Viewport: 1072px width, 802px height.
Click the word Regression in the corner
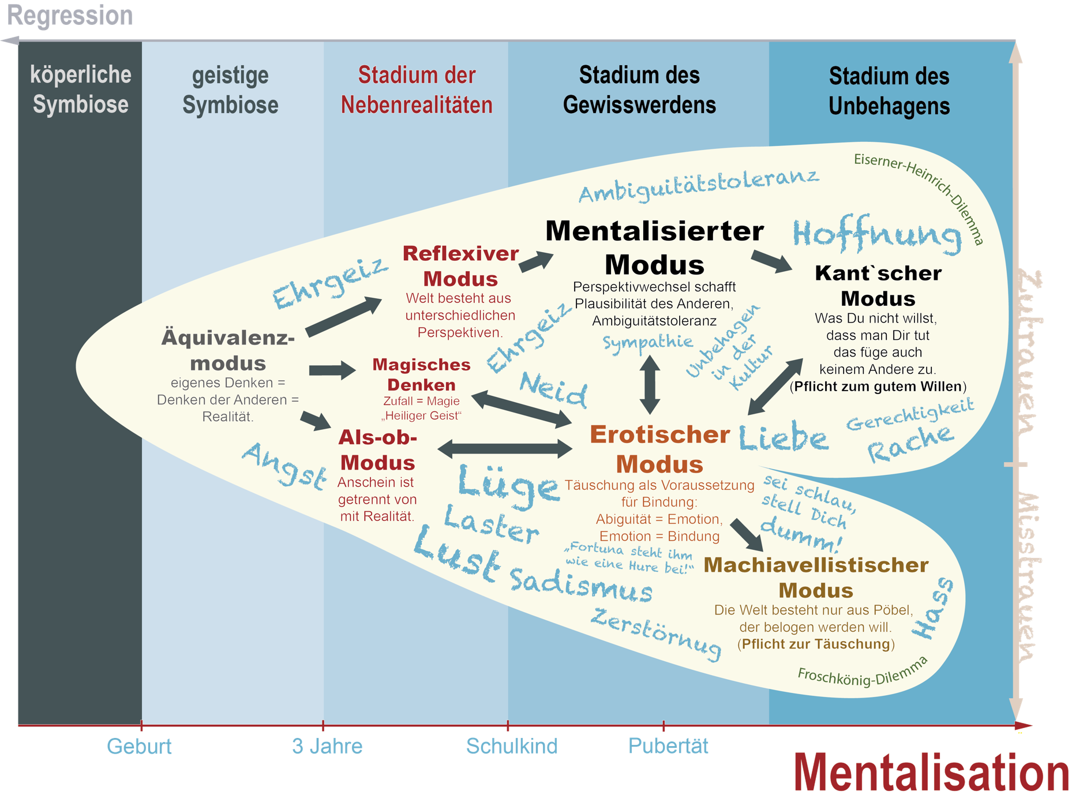pos(70,16)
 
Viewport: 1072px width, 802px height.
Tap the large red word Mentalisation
pos(931,773)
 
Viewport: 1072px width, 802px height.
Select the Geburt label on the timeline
pos(139,746)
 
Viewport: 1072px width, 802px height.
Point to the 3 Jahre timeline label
pos(327,746)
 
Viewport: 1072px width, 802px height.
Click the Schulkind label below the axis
pos(512,746)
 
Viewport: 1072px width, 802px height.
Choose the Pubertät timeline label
pos(668,745)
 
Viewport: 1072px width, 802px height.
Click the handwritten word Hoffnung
pos(878,234)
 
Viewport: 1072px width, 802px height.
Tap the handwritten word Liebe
pos(784,436)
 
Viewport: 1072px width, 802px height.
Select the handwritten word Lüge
pos(508,486)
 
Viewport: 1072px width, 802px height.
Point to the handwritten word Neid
pos(553,389)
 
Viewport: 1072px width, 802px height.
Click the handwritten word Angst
pos(284,466)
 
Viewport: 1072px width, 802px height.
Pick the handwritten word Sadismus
pos(581,585)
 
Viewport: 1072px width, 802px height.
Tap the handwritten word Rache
pos(910,443)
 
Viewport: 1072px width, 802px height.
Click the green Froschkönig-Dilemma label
pos(863,671)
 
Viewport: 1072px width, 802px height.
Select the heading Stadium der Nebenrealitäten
pos(417,90)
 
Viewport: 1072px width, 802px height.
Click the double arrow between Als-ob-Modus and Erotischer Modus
pos(505,448)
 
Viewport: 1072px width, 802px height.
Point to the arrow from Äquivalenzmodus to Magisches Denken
pos(332,370)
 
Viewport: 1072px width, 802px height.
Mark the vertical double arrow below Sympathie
pos(650,384)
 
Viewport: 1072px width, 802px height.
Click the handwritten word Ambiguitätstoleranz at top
pos(699,185)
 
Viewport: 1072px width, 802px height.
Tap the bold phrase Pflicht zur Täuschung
pos(816,644)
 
